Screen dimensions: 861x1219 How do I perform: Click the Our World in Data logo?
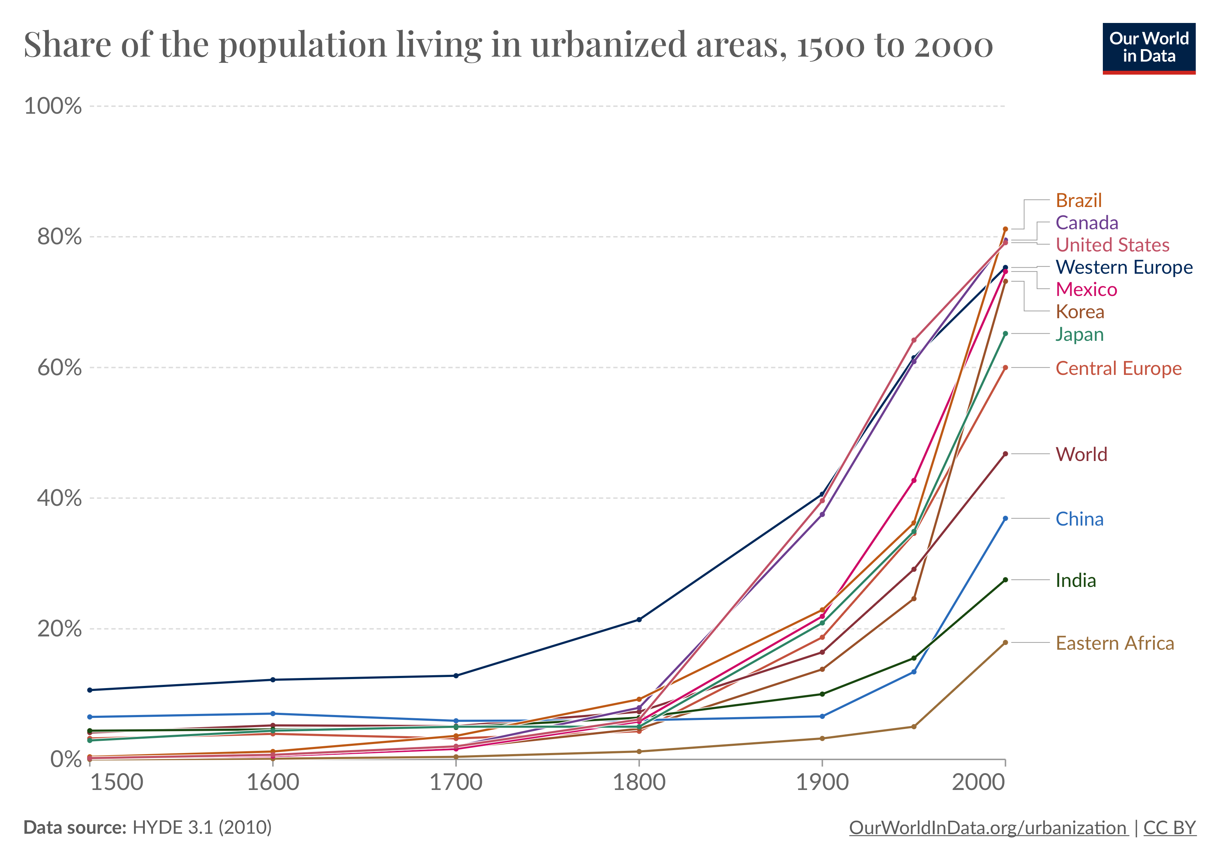click(1148, 48)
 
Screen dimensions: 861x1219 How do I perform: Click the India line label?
click(1075, 580)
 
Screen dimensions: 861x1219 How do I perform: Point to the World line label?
click(1081, 454)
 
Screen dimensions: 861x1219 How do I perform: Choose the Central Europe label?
click(1118, 368)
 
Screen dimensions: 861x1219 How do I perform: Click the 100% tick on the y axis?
click(53, 106)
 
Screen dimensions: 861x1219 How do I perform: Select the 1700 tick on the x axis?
click(456, 782)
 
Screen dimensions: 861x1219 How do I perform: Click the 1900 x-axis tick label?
click(822, 782)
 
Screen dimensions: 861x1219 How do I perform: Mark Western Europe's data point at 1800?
click(639, 619)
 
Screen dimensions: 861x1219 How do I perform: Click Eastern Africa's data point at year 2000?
click(1005, 643)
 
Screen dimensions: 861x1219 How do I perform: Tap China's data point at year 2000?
click(1005, 518)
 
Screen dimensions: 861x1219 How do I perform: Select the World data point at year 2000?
click(1005, 454)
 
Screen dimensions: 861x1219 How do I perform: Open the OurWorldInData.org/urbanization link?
click(987, 828)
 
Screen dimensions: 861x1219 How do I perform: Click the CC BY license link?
click(1169, 828)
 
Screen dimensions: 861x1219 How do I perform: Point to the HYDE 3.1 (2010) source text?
click(202, 828)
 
